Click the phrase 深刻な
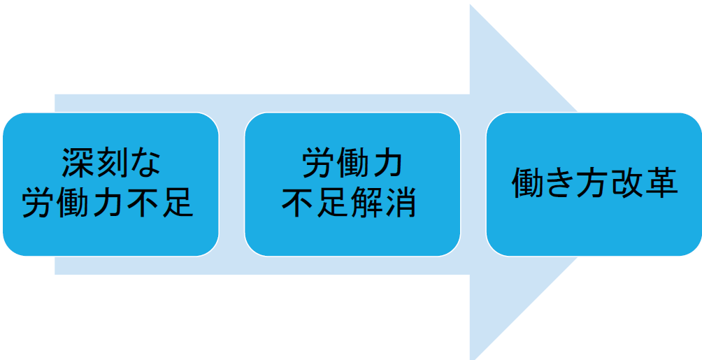[x=110, y=163]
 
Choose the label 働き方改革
[x=594, y=182]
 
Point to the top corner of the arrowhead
[x=470, y=4]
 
